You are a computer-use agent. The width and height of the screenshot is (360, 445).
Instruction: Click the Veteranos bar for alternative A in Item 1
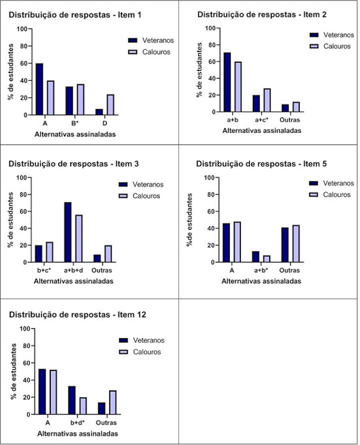39,89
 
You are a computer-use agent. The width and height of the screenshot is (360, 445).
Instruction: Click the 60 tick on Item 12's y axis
24,363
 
